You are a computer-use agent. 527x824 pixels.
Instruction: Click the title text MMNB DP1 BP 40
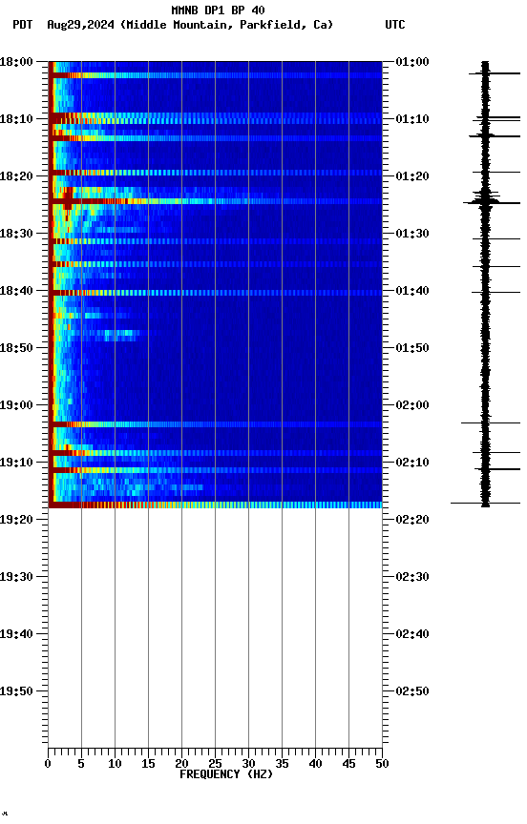218,10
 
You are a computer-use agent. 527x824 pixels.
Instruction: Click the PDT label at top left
22,25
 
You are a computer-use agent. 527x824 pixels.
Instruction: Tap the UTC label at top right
395,25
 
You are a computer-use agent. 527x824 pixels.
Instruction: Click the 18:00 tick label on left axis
17,62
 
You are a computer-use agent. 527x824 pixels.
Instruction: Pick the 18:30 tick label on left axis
17,234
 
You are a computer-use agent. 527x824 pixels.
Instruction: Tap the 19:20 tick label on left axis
17,520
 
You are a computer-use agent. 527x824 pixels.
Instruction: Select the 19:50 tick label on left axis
17,691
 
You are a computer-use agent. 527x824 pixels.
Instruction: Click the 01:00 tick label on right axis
411,62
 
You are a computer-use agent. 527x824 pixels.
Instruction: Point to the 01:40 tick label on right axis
411,291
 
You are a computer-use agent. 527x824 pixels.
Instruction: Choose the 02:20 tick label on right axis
411,520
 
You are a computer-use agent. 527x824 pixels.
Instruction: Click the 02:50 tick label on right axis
411,691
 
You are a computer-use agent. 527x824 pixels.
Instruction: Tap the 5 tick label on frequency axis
81,764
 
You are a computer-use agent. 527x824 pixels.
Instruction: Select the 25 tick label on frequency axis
215,764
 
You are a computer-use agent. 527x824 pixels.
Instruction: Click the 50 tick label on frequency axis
382,764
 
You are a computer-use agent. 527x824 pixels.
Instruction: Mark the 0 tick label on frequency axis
48,764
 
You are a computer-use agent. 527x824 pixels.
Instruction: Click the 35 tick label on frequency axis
282,764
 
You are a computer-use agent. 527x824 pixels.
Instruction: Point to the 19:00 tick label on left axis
17,405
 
